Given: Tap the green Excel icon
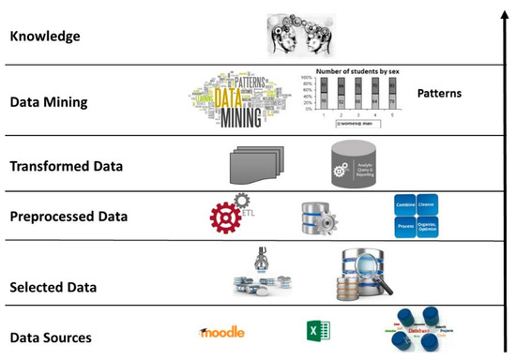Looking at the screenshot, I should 315,331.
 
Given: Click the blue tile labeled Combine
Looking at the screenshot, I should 405,205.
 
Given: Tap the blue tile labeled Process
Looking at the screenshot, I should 405,225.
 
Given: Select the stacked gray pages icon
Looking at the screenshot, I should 253,165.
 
